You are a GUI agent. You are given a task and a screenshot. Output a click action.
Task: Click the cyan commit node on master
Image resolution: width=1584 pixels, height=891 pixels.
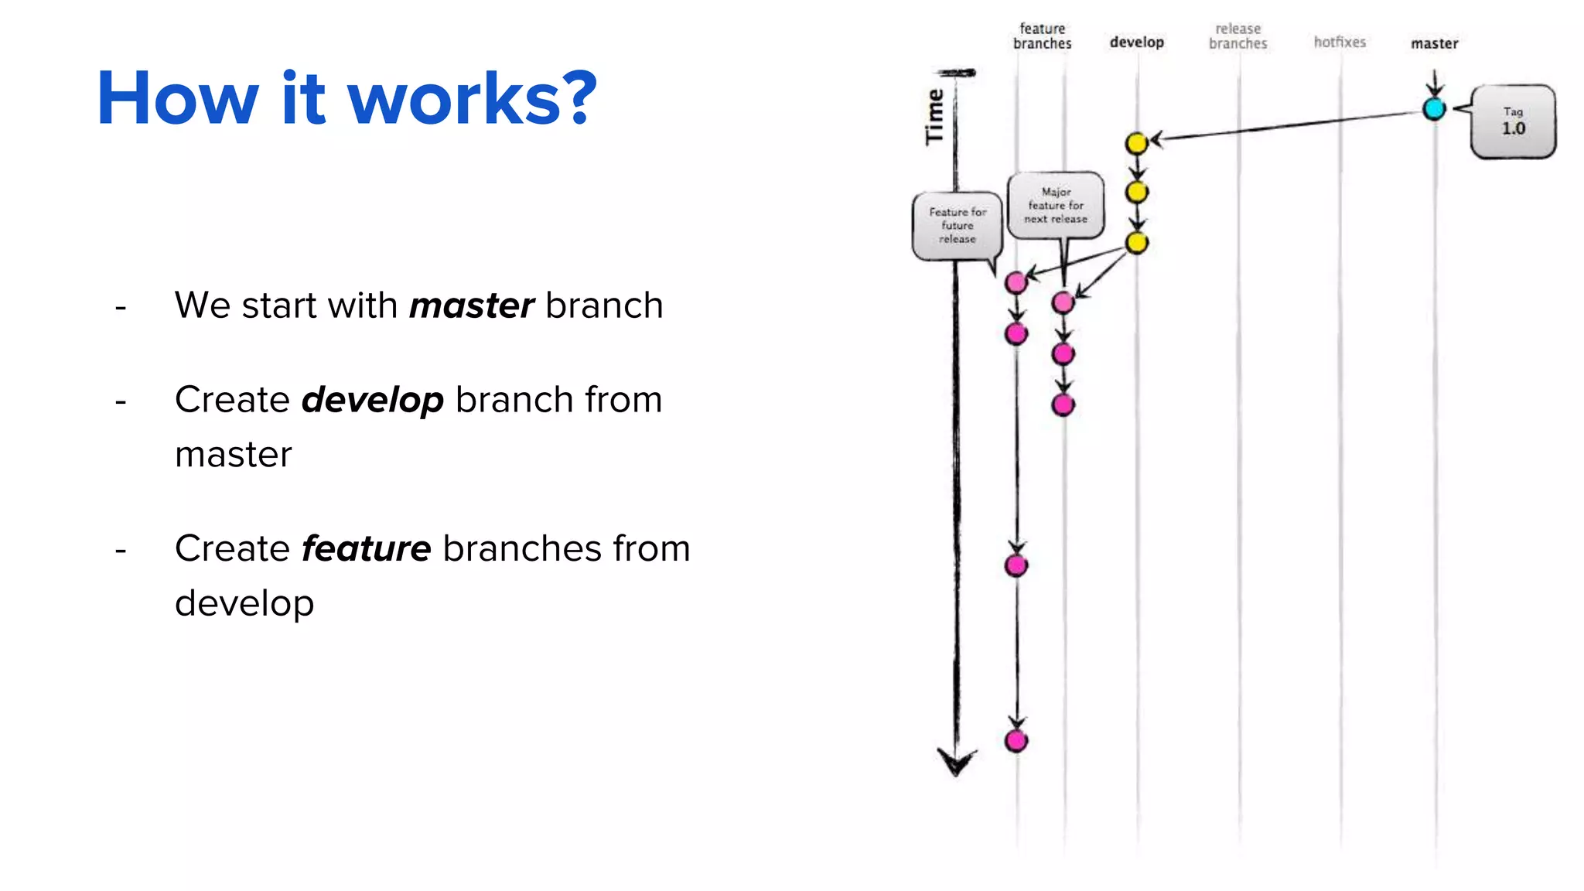click(x=1434, y=108)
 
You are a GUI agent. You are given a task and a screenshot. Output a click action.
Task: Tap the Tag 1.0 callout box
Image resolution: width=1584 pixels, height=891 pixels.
click(x=1513, y=122)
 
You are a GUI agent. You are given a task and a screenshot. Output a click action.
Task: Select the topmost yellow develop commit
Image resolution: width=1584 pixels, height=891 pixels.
click(x=1136, y=143)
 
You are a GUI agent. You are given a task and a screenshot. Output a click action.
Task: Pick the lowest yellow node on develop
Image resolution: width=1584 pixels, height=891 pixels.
click(x=1136, y=243)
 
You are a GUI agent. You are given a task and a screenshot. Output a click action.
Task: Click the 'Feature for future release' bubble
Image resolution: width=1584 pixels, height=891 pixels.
click(x=958, y=225)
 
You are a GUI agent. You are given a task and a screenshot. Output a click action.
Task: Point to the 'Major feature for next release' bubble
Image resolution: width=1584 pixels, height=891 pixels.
click(x=1056, y=205)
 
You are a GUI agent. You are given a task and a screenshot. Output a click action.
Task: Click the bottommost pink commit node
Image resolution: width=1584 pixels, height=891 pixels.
click(x=1016, y=741)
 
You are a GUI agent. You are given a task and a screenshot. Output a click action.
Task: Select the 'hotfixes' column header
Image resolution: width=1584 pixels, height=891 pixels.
click(x=1340, y=43)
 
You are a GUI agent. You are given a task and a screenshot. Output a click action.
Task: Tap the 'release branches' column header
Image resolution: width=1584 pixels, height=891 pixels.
click(x=1237, y=36)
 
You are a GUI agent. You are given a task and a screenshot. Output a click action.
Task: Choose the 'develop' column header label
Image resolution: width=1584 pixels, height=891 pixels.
click(x=1136, y=43)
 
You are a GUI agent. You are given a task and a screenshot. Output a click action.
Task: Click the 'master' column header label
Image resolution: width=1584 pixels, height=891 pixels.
click(x=1434, y=44)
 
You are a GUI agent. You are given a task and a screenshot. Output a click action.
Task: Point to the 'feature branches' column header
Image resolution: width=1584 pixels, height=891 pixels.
click(x=1042, y=36)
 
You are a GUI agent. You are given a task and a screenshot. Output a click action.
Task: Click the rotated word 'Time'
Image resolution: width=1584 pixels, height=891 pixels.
click(x=935, y=117)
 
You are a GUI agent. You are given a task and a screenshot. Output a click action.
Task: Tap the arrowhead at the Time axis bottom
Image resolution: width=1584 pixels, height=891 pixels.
click(x=956, y=762)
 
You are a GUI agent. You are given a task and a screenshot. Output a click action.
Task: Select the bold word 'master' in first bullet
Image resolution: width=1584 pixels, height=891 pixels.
click(x=471, y=306)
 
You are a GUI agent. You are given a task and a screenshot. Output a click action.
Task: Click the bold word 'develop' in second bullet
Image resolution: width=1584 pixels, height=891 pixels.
click(x=372, y=401)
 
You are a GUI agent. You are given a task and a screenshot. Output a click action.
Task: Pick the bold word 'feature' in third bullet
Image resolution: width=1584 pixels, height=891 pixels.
click(x=366, y=549)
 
